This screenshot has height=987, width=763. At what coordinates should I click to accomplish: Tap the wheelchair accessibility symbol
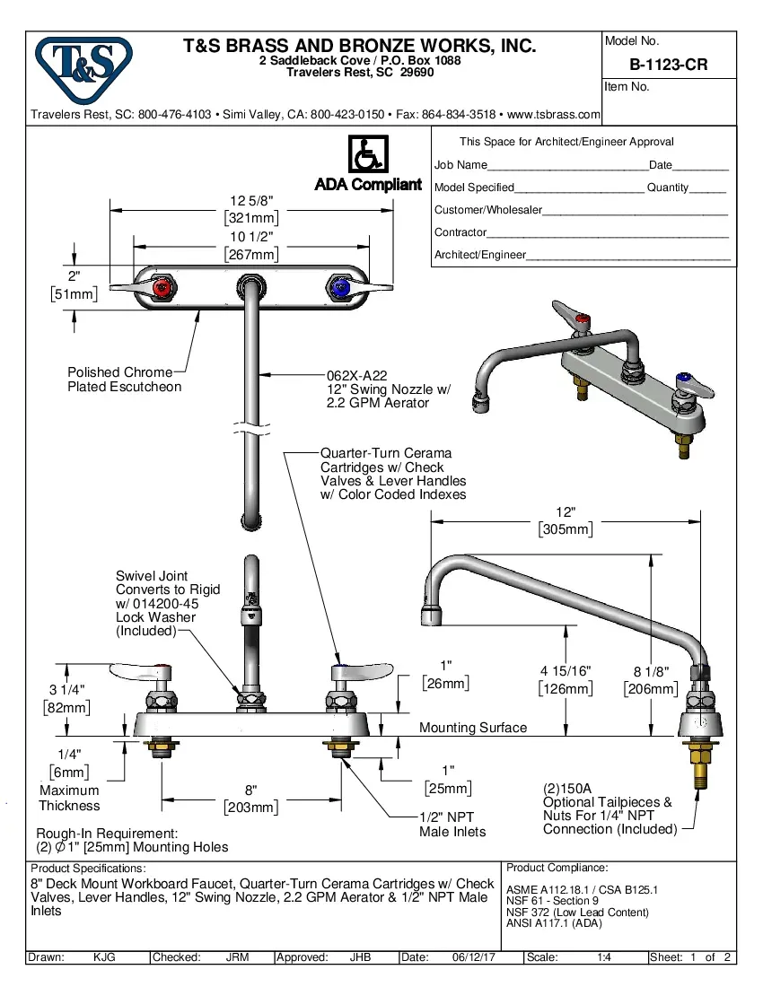coord(367,154)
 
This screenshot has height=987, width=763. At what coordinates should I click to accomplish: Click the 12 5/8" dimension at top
coord(250,201)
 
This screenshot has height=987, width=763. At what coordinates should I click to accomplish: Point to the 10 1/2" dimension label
coord(250,237)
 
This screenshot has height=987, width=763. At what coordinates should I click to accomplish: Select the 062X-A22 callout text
coord(356,376)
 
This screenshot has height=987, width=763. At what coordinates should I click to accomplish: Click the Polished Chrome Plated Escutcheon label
coord(124,380)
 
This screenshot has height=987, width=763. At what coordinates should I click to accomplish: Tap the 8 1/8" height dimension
coord(650,671)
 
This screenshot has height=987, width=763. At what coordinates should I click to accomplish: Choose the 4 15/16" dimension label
coord(566,671)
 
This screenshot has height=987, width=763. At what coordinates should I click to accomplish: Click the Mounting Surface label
coord(473,728)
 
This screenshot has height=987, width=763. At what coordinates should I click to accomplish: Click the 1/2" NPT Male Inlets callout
coord(452,825)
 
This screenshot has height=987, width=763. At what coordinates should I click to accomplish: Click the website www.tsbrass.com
coord(554,115)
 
